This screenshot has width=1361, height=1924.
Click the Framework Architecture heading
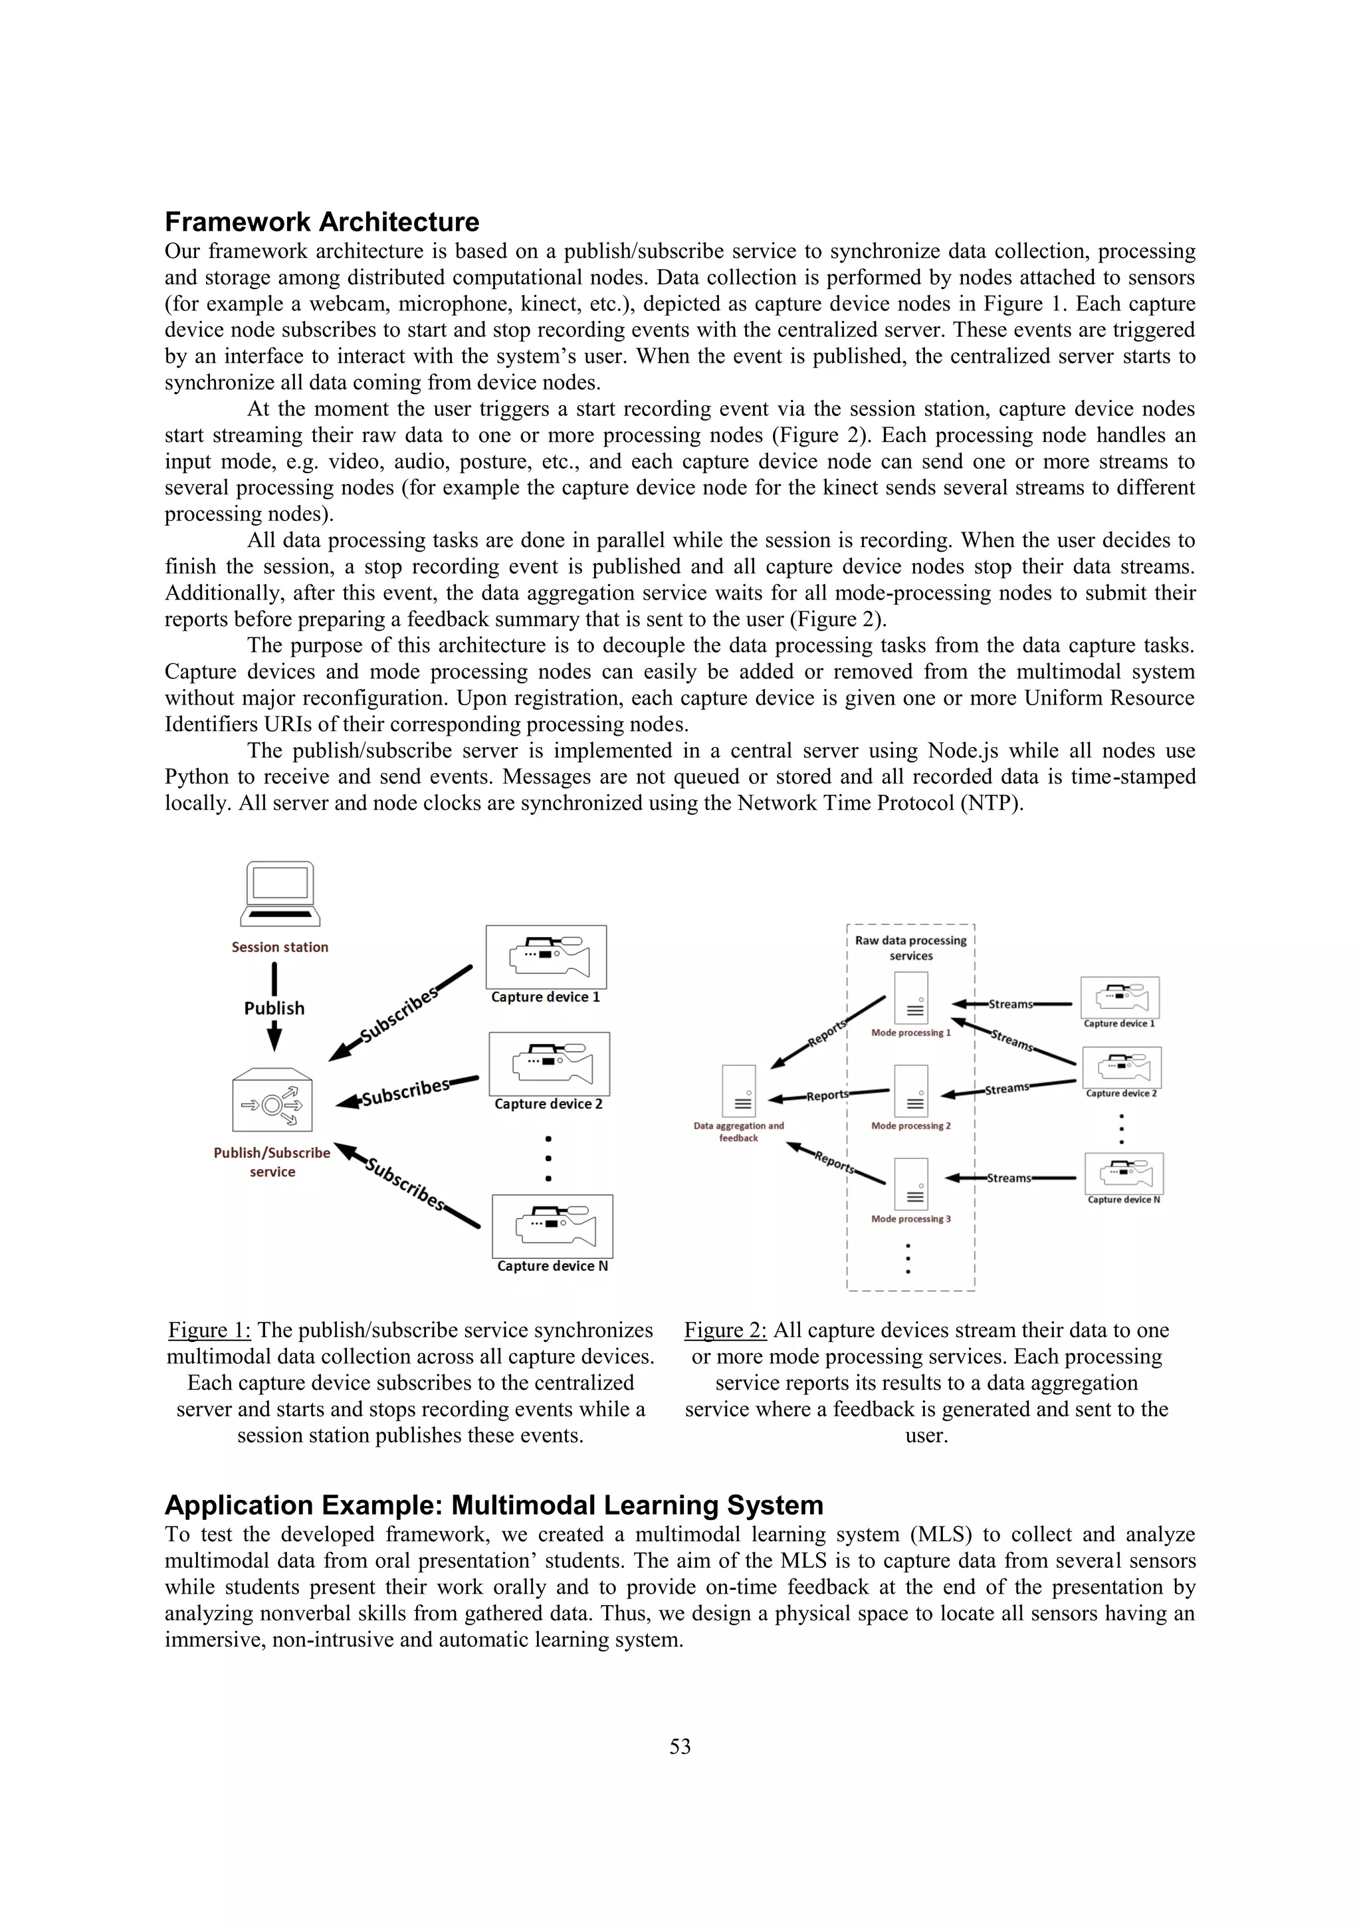[322, 222]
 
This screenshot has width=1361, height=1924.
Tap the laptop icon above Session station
[280, 893]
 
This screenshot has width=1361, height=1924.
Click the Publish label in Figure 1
[274, 1008]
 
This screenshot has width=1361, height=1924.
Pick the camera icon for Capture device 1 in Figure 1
[546, 957]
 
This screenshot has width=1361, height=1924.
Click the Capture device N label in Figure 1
[552, 1266]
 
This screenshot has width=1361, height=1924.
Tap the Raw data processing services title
[911, 948]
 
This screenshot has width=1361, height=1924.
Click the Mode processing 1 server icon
[911, 998]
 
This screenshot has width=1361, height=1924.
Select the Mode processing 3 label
[911, 1220]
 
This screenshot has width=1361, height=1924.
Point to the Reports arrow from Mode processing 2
[828, 1095]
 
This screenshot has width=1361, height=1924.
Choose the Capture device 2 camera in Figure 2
[1122, 1067]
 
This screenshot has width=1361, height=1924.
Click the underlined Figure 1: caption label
[209, 1331]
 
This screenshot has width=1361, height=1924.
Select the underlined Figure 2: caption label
[725, 1331]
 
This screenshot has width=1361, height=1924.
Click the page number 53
[680, 1747]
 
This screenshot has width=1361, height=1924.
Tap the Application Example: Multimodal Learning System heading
[494, 1506]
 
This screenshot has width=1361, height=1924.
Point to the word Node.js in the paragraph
[963, 751]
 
